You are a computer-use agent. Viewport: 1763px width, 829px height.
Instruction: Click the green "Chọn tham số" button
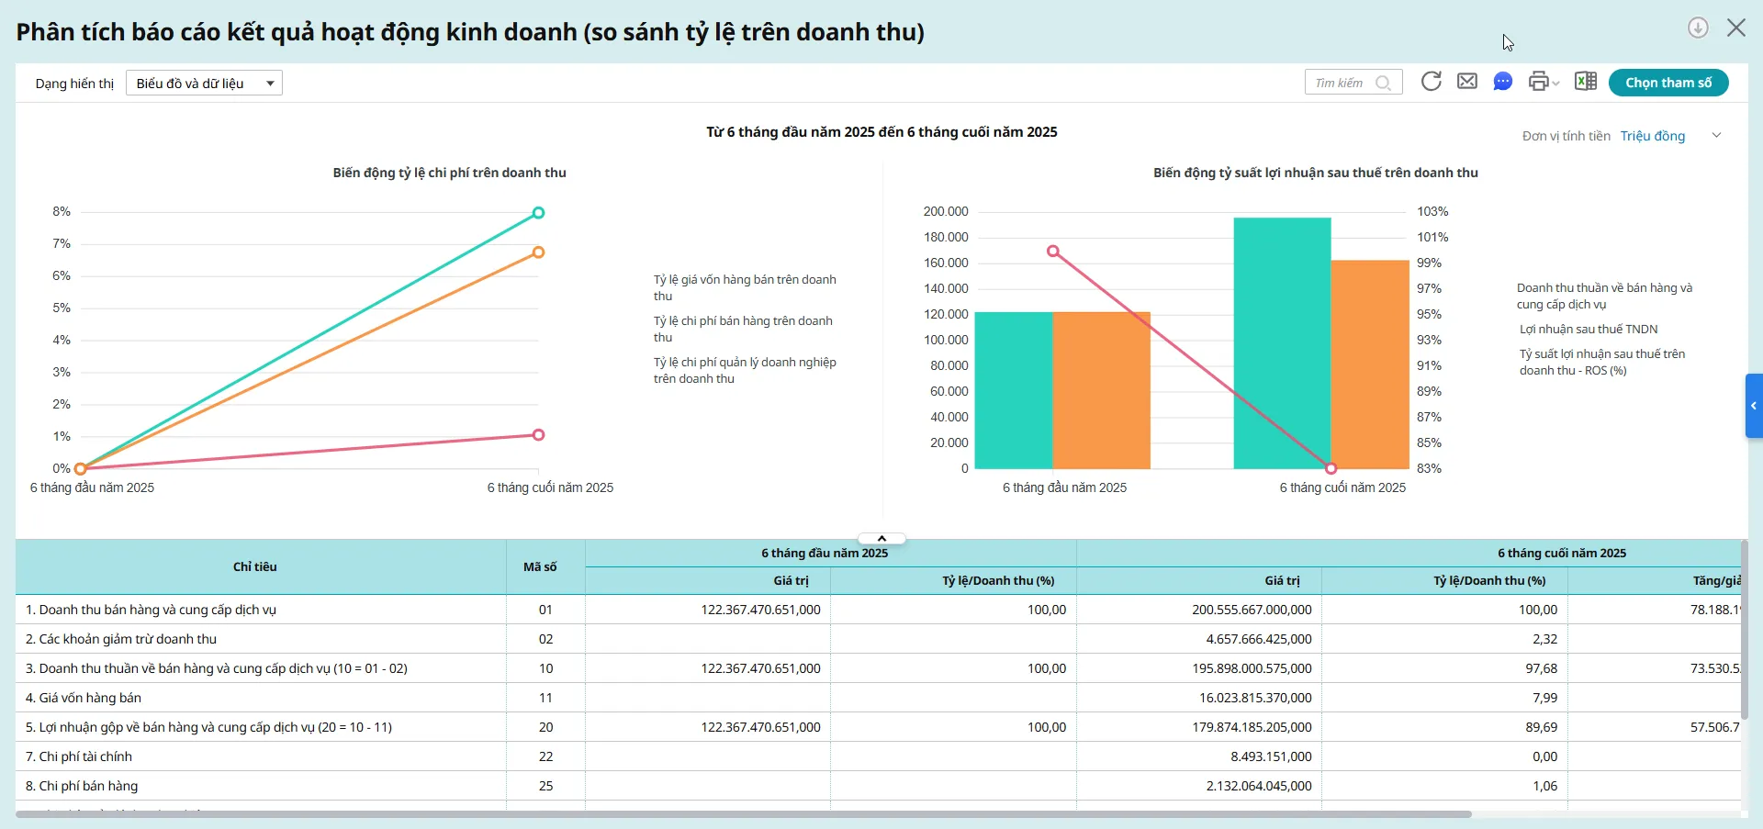1668,83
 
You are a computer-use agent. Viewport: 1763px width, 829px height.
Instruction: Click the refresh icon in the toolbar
1431,82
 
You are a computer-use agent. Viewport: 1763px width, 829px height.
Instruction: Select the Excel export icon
1585,82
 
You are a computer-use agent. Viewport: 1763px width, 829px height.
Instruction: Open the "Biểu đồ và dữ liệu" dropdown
204,84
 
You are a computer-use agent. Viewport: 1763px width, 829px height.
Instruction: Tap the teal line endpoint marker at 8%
539,213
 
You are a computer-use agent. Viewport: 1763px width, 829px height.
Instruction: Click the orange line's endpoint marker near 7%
539,252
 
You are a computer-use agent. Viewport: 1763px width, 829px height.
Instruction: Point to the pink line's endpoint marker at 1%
539,435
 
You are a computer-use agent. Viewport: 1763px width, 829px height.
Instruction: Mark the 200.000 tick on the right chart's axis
946,212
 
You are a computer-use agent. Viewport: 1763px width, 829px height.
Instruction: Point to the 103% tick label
1432,212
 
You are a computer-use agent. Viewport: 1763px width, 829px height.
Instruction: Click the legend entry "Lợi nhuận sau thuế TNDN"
1588,330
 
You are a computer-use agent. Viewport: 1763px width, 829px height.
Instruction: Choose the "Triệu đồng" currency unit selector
1653,136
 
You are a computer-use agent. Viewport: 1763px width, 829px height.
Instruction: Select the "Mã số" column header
540,567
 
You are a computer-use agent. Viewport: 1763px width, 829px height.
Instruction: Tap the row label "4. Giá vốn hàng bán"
90,698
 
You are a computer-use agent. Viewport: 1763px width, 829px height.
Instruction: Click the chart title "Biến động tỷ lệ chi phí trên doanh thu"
449,173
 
